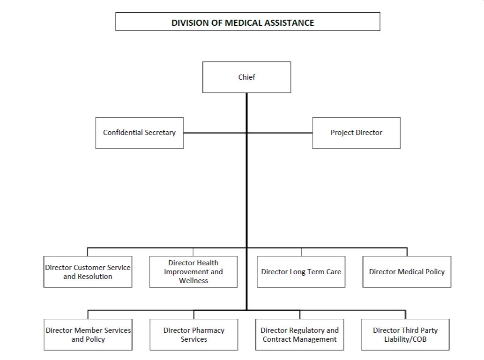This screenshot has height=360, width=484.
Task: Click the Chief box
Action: click(x=246, y=77)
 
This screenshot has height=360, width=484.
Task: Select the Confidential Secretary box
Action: click(x=139, y=133)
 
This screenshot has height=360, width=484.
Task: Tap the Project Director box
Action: click(x=356, y=133)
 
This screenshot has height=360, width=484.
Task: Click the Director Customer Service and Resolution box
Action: click(x=88, y=272)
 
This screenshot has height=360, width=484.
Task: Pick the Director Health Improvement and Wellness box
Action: click(x=193, y=272)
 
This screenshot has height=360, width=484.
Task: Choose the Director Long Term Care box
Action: click(x=301, y=272)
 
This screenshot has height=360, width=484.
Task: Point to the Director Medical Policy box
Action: click(x=407, y=272)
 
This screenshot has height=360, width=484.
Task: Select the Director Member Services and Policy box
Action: click(x=88, y=335)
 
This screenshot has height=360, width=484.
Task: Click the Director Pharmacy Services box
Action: click(x=194, y=335)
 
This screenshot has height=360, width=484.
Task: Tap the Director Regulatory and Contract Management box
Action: click(x=299, y=335)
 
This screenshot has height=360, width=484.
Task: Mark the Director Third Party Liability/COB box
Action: click(x=405, y=335)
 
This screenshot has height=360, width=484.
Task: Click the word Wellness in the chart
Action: click(x=194, y=281)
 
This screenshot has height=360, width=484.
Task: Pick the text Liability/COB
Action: click(x=405, y=339)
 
